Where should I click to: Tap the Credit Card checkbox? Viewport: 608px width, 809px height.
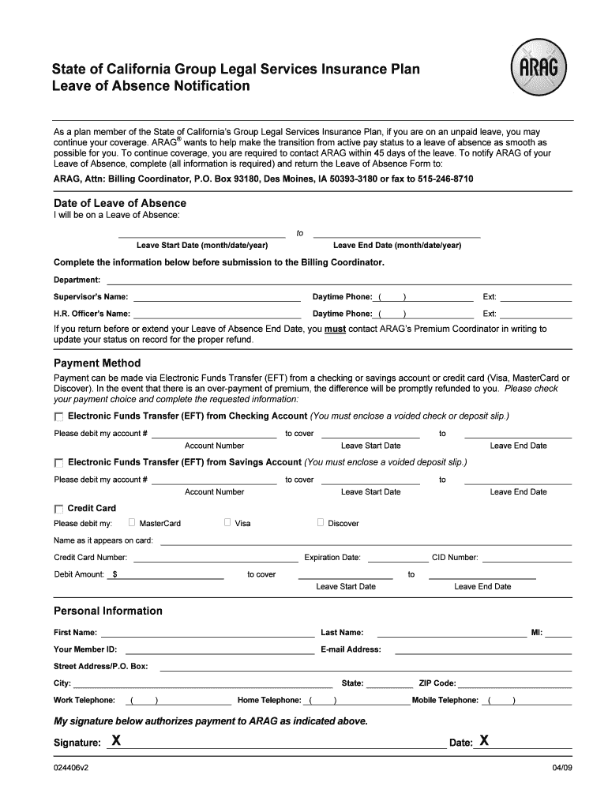coord(58,510)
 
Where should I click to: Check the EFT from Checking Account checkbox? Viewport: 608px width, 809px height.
coord(58,417)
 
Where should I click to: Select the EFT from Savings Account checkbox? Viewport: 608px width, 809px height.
coord(58,463)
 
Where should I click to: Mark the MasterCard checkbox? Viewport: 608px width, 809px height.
coord(132,522)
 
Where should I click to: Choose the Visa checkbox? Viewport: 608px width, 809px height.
coord(227,522)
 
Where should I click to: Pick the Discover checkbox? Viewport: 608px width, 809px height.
coord(321,522)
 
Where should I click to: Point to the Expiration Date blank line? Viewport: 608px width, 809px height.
coord(395,559)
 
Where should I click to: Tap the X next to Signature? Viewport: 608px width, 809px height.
coord(116,740)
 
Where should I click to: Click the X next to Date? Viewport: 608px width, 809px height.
coord(484,740)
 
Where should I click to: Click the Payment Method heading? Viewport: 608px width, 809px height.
coord(97,363)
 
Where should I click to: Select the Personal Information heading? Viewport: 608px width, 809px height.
coord(107,611)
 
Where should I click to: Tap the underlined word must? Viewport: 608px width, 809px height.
coord(335,329)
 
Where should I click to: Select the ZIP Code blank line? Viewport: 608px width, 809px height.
coord(514,686)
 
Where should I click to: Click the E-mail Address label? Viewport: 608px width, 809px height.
coord(351,649)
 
